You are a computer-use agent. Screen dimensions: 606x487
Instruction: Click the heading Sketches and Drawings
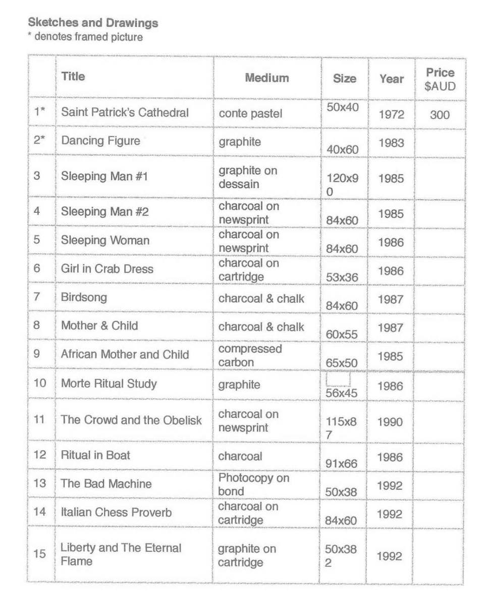pyautogui.click(x=93, y=23)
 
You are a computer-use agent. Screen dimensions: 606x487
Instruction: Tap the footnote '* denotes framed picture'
pyautogui.click(x=85, y=37)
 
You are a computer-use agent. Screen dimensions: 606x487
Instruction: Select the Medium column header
pyautogui.click(x=267, y=78)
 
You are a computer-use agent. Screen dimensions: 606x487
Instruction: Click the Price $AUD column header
pyautogui.click(x=440, y=79)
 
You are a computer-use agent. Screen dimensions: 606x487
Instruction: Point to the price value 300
pyautogui.click(x=440, y=115)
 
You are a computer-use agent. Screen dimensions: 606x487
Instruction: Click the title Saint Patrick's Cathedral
pyautogui.click(x=125, y=112)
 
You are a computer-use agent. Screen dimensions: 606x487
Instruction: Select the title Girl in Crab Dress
pyautogui.click(x=107, y=269)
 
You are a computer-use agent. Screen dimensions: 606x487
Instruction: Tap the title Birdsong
pyautogui.click(x=84, y=297)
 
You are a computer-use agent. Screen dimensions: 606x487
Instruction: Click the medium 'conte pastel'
pyautogui.click(x=250, y=113)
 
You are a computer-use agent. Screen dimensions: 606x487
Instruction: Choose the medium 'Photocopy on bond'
pyautogui.click(x=253, y=484)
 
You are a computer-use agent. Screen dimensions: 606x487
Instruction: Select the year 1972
pyautogui.click(x=391, y=115)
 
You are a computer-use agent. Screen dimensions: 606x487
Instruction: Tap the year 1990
pyautogui.click(x=390, y=422)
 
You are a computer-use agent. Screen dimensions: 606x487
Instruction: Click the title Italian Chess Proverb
pyautogui.click(x=116, y=512)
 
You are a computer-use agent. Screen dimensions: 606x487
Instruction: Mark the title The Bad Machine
pyautogui.click(x=106, y=483)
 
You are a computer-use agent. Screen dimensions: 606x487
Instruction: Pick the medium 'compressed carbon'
pyautogui.click(x=250, y=355)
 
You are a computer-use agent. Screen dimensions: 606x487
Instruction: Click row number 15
pyautogui.click(x=39, y=553)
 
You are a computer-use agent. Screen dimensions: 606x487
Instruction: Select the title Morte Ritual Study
pyautogui.click(x=109, y=384)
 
